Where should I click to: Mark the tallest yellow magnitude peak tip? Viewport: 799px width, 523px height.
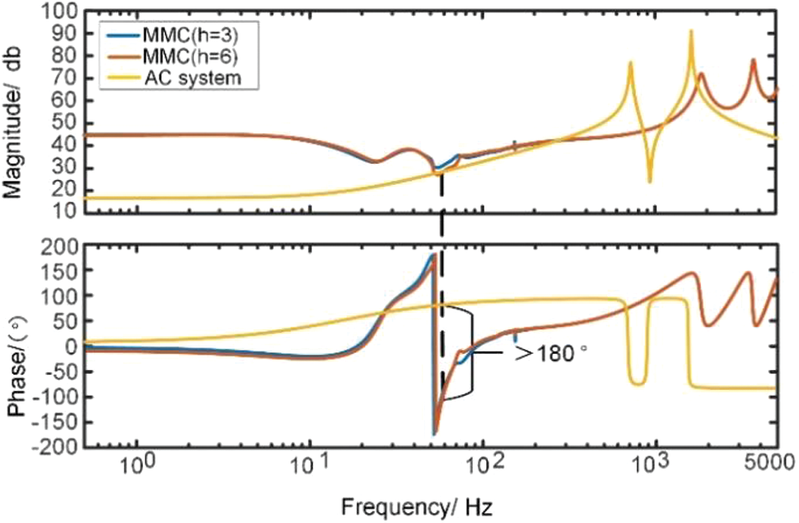pyautogui.click(x=691, y=31)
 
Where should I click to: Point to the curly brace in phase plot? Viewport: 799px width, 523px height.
pyautogui.click(x=469, y=351)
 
